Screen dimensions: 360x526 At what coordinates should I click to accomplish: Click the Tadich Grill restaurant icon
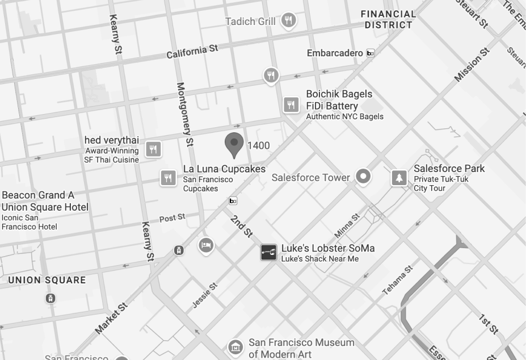289,21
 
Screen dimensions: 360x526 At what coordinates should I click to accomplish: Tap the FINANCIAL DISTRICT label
388,19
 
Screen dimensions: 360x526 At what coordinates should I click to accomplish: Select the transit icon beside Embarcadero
371,53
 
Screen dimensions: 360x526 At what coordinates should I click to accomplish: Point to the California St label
192,52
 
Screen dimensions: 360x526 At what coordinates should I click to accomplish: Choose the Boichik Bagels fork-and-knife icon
291,104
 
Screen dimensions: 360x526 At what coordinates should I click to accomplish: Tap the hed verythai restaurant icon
153,149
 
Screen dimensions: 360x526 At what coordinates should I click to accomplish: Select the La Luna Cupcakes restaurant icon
168,178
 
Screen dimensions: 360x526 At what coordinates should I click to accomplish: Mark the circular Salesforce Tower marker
363,177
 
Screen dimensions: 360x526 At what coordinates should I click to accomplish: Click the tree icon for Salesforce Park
399,178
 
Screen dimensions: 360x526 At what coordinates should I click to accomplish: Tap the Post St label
172,218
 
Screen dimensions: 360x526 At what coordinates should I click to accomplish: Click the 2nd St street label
241,226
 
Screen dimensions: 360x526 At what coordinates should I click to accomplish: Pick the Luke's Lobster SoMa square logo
268,252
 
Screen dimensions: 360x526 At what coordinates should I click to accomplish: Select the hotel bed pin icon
206,245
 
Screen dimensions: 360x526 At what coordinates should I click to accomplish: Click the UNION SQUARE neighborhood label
47,280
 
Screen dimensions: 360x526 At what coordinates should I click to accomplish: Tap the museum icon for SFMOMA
235,347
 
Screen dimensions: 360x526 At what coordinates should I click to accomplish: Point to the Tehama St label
397,280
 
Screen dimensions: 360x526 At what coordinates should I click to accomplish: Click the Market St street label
112,318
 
